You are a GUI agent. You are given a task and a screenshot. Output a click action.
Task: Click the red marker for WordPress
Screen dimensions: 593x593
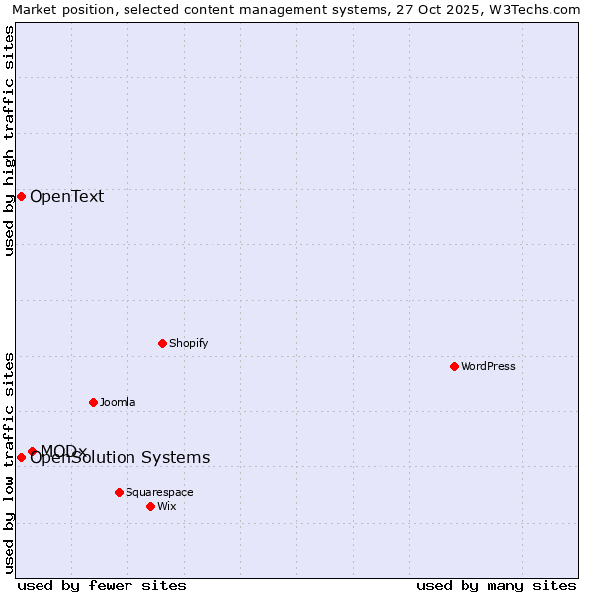[454, 366]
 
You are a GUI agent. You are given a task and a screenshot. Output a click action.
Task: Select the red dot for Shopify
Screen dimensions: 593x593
[162, 343]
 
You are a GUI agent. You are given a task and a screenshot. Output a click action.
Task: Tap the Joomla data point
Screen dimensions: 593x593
[93, 402]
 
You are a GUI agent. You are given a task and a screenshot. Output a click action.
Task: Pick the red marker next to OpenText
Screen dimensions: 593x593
[21, 196]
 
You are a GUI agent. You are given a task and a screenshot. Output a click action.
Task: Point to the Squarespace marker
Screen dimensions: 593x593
[119, 492]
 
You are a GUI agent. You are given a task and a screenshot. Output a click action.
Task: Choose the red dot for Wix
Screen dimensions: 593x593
[150, 506]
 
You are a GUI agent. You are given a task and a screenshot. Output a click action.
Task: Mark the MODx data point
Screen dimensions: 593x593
[32, 451]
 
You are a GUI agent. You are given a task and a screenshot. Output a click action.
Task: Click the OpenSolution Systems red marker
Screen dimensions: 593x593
[21, 457]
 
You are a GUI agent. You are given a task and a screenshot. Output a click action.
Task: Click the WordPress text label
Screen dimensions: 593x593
[488, 366]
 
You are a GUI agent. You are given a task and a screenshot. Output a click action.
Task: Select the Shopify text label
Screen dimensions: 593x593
[188, 343]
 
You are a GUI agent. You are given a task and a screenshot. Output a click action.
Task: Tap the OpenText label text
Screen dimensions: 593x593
[66, 196]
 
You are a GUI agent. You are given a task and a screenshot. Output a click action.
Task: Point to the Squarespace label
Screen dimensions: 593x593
[159, 492]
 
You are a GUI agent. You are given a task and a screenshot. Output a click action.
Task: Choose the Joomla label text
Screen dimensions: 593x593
[118, 402]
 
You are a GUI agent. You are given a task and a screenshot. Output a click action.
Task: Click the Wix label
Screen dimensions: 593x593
[166, 506]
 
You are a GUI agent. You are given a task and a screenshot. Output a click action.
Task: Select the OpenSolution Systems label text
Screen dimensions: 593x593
[120, 458]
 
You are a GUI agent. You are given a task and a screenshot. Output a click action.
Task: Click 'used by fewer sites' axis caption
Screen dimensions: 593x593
[102, 585]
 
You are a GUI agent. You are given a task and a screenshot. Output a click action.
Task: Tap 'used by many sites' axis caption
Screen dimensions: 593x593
[496, 585]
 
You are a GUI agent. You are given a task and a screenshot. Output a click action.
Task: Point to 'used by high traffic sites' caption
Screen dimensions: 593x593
[9, 140]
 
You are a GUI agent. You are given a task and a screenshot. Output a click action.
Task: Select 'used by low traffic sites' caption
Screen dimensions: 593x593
[9, 462]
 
